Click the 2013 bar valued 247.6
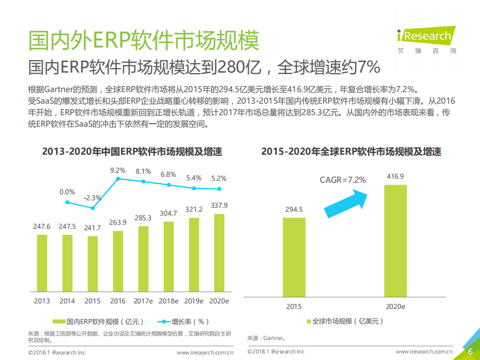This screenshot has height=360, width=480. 42,262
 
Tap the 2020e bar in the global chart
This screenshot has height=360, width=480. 395,240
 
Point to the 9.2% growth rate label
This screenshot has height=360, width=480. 118,171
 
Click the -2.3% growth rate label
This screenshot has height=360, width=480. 93,197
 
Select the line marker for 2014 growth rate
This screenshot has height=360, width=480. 67,202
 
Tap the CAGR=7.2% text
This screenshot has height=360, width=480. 343,180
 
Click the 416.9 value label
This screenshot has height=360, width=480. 395,176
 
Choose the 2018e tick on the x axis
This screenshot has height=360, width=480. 168,301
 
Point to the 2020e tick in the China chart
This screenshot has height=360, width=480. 219,301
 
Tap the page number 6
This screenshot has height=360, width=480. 470,351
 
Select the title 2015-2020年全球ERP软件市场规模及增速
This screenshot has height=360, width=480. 351,152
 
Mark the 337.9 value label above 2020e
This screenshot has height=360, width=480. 219,205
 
